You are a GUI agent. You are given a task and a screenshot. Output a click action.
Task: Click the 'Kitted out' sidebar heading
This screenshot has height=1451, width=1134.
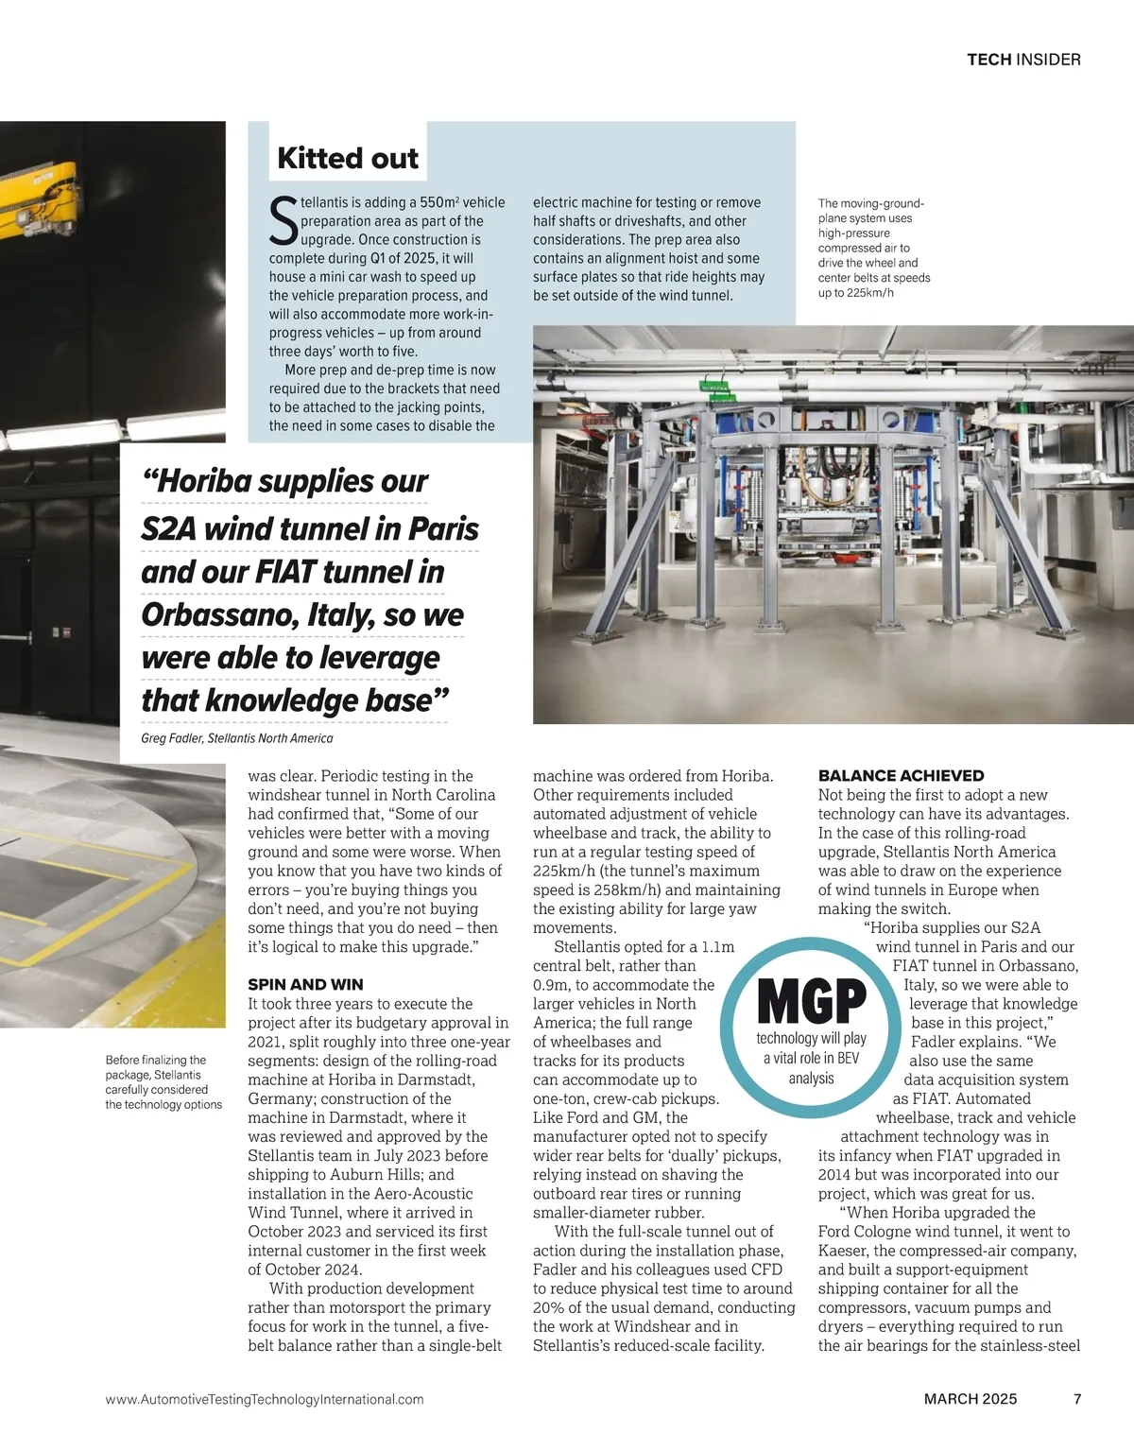coord(347,158)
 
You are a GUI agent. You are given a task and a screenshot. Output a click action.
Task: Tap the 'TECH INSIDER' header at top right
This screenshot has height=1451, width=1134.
coord(1023,60)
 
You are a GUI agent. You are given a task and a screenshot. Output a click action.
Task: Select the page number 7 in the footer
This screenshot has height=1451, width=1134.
coord(1077,1399)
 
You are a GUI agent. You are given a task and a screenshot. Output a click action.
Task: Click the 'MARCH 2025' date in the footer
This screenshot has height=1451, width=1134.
coord(971,1399)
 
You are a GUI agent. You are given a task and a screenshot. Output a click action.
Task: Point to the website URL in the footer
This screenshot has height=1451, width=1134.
coord(265,1399)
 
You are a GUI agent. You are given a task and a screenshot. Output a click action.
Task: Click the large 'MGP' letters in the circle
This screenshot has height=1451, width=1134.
coord(812,1002)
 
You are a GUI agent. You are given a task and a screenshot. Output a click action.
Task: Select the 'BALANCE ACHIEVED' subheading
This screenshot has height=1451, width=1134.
coord(901,775)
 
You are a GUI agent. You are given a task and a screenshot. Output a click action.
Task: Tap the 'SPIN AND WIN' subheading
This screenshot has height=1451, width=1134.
coord(305,984)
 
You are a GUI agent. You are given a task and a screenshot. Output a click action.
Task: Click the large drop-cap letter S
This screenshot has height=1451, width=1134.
coord(283,219)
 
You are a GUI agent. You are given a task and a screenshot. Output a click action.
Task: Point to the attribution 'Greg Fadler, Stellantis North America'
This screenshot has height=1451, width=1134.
coord(236,738)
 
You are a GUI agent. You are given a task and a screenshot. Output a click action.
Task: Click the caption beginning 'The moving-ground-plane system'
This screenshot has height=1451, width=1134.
coord(874,248)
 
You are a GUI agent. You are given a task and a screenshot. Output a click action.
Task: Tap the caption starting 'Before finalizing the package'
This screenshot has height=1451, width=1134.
coord(163,1082)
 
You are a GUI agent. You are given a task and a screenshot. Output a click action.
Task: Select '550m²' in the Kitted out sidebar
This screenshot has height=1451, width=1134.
coord(438,202)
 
